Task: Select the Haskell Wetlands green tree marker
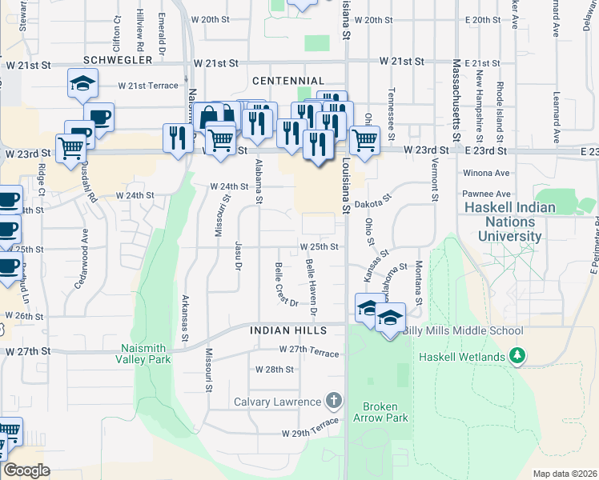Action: pos(518,355)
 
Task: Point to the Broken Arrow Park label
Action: pos(385,411)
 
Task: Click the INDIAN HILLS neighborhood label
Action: pos(287,330)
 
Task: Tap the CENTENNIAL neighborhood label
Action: pos(287,81)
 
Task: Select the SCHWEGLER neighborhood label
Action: pos(119,61)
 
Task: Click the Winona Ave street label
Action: pos(486,172)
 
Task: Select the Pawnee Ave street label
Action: pos(486,194)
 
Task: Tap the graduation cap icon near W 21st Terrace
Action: pos(82,83)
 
